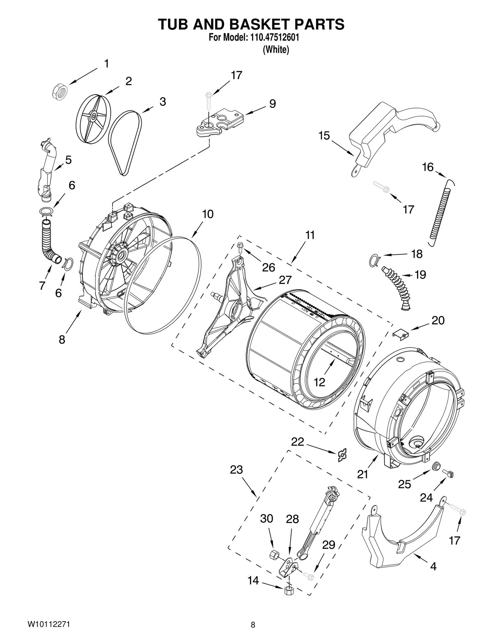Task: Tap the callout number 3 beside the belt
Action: click(162, 102)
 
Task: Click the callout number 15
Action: click(324, 136)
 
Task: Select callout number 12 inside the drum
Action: click(319, 382)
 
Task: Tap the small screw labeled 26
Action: click(240, 247)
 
